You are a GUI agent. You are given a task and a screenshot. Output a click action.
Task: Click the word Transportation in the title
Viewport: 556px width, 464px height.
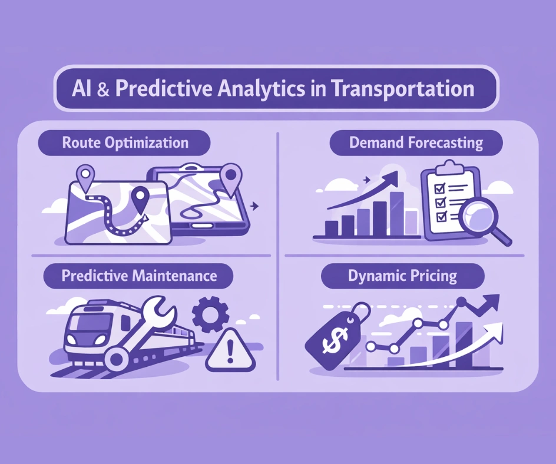pos(403,89)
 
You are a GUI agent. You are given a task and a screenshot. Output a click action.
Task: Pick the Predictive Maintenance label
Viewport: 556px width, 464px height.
pos(139,276)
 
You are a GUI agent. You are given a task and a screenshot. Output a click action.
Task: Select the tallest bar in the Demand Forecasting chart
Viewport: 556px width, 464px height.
pos(396,213)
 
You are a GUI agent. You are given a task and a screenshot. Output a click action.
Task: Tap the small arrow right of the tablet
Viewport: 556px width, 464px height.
pos(254,206)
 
